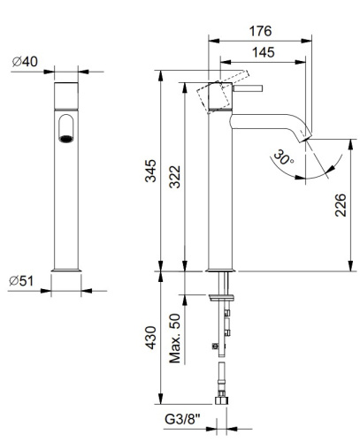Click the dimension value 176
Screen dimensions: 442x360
point(260,31)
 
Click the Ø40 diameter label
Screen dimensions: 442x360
point(24,61)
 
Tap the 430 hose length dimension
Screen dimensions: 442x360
point(151,337)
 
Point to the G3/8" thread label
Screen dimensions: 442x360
point(180,423)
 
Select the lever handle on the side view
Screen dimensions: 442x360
point(249,88)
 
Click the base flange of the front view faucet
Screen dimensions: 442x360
point(67,269)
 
